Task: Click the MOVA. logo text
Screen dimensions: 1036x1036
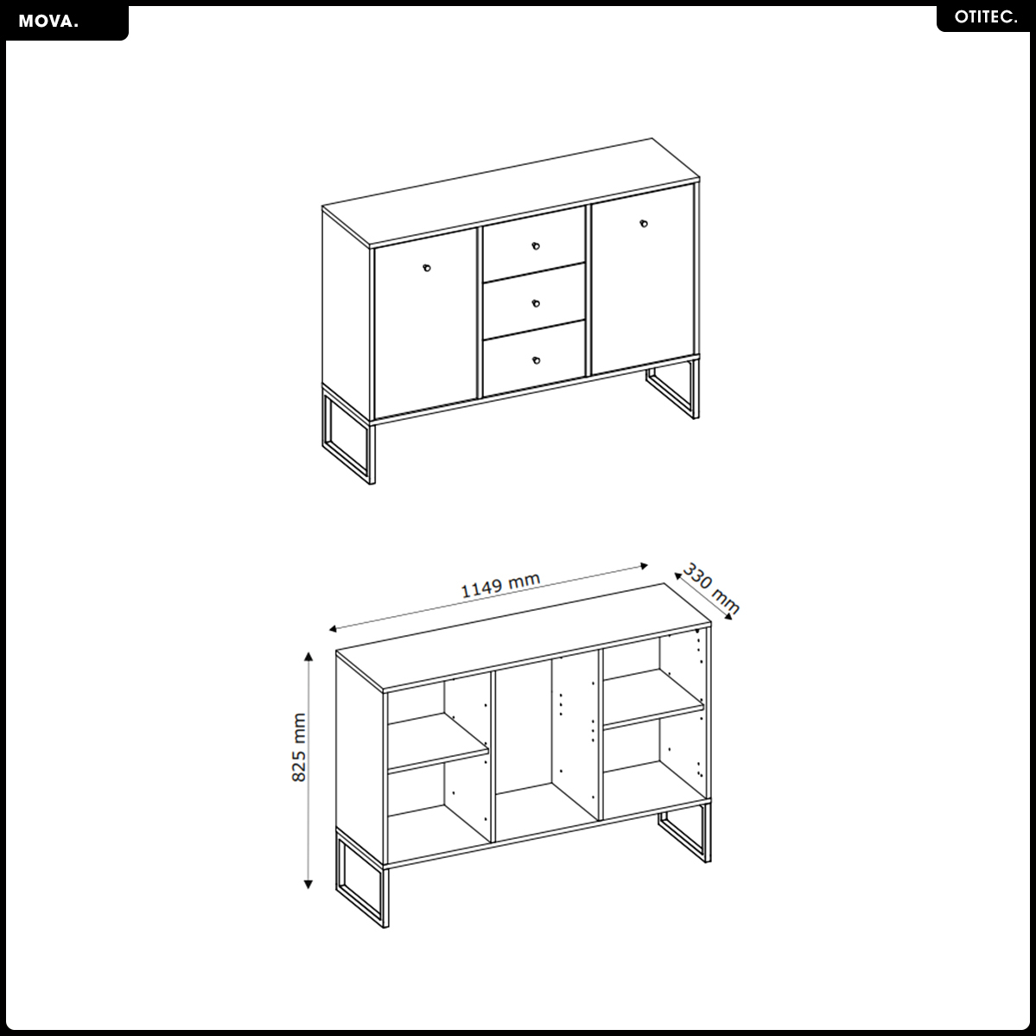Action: click(x=48, y=21)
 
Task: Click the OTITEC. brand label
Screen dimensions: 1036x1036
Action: click(x=986, y=17)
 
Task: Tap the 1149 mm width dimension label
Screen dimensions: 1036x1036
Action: click(x=500, y=585)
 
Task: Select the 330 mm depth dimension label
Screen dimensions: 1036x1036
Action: click(x=711, y=588)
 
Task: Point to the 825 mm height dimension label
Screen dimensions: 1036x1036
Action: click(x=299, y=747)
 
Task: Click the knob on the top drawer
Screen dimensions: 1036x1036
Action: click(x=536, y=245)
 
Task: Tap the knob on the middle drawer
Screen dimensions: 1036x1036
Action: click(x=536, y=303)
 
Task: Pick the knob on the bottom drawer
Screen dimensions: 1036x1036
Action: click(x=536, y=360)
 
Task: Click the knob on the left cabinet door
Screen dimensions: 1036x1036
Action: click(x=427, y=268)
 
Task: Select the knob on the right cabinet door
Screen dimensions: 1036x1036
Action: click(x=644, y=223)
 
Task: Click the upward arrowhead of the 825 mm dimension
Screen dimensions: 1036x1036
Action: click(x=308, y=656)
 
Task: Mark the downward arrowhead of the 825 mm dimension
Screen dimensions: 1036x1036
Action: click(x=308, y=885)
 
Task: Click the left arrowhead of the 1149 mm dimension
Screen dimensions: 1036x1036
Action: click(x=334, y=628)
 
